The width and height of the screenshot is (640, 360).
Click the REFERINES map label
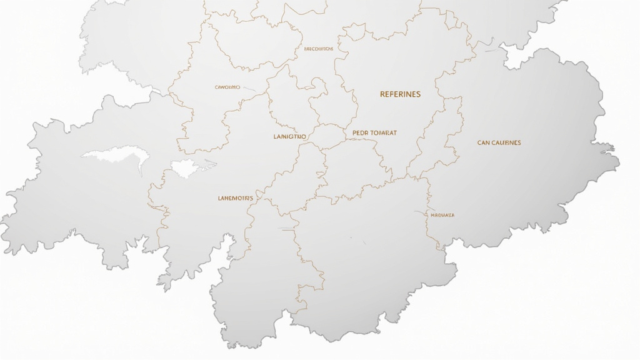point(400,94)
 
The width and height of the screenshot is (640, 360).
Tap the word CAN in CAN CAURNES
point(484,142)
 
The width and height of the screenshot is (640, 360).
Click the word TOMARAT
point(383,133)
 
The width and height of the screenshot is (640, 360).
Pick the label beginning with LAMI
point(290,136)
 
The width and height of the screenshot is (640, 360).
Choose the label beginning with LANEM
point(236,198)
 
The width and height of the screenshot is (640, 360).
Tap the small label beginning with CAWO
point(227,87)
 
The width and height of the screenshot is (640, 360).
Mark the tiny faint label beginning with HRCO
point(318,48)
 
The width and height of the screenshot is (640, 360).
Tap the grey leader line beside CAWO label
point(249,89)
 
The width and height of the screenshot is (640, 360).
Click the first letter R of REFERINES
point(382,94)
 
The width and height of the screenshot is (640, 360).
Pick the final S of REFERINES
point(418,94)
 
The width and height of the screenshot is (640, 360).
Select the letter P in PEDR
point(354,133)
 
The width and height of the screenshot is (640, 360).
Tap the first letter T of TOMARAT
point(372,133)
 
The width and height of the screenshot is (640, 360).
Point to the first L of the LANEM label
point(219,198)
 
